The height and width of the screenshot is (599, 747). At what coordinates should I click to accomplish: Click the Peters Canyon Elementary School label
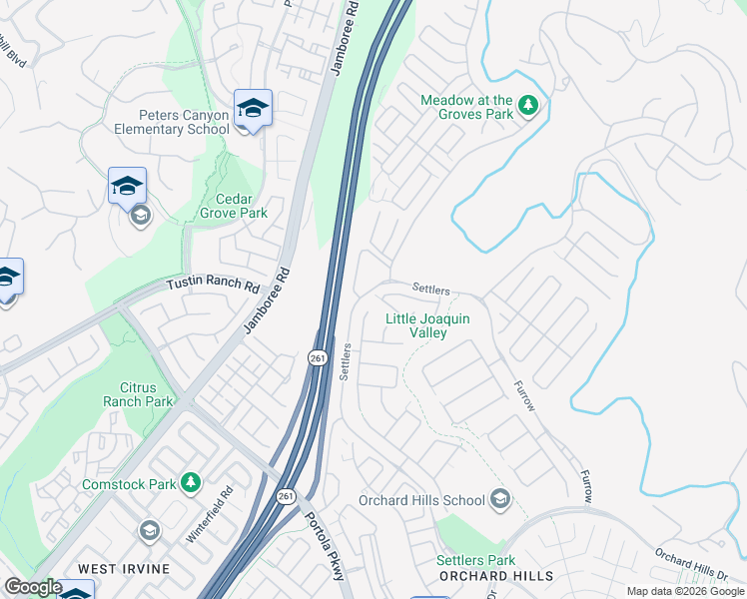click(173, 122)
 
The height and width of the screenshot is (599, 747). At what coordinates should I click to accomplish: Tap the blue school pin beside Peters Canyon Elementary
click(253, 108)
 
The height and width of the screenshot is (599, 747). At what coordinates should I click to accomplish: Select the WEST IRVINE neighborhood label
click(125, 569)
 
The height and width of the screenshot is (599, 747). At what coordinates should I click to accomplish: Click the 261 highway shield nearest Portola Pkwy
click(287, 496)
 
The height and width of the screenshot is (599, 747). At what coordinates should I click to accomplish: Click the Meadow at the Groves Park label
click(466, 107)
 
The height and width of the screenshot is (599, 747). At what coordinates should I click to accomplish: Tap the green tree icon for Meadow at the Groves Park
click(528, 106)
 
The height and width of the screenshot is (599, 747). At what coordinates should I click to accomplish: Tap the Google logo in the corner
click(33, 588)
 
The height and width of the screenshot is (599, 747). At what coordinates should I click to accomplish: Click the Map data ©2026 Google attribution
click(684, 591)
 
